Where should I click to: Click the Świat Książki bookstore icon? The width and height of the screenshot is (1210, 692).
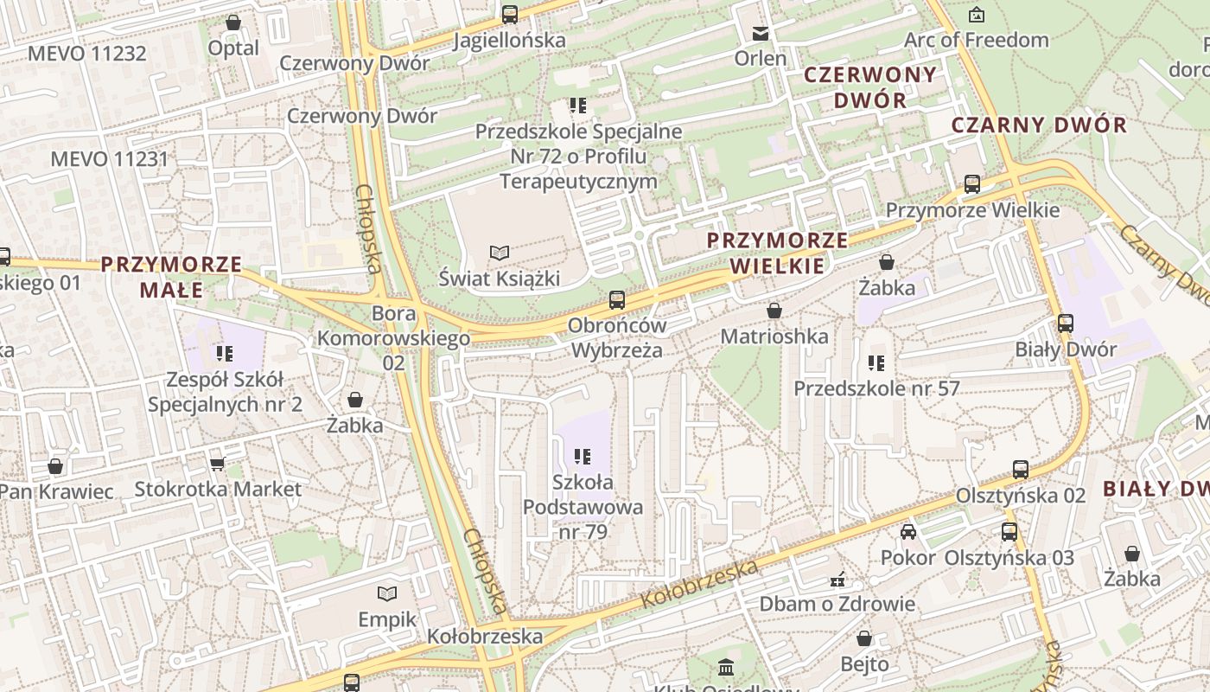tap(500, 253)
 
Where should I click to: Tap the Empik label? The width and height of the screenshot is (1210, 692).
tap(388, 619)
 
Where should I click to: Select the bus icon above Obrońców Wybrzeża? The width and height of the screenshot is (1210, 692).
tap(617, 300)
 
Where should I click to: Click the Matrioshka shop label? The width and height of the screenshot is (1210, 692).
tap(774, 336)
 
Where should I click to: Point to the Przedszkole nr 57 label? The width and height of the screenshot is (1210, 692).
tap(876, 388)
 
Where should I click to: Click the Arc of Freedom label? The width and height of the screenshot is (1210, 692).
tap(976, 40)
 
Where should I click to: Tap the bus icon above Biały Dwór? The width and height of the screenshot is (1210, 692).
tap(1066, 324)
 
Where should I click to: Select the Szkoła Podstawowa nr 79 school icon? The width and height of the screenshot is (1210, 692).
tap(583, 456)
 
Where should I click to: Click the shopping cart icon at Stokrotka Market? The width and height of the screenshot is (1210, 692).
tap(217, 464)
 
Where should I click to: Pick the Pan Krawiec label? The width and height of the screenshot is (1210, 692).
tap(55, 491)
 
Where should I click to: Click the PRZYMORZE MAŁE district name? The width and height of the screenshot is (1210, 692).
tap(171, 277)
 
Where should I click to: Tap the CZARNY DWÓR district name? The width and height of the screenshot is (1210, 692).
tap(1039, 125)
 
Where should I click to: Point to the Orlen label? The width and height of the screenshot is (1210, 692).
tap(761, 59)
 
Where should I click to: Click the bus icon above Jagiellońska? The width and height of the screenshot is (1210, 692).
tap(510, 14)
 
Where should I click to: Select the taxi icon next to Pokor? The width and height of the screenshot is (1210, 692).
tap(908, 531)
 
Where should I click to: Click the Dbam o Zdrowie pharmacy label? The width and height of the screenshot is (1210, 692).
tap(837, 604)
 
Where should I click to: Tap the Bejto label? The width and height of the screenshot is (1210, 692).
tap(864, 663)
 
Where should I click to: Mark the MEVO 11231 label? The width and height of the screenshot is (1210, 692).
tap(109, 159)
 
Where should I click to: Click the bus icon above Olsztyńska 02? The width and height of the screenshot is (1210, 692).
tap(1021, 470)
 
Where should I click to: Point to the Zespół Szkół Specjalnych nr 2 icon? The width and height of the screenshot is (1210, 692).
tap(225, 353)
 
